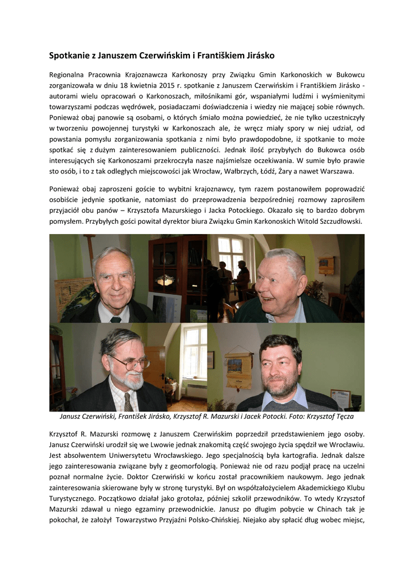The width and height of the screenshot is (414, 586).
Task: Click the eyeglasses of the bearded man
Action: (x=129, y=362)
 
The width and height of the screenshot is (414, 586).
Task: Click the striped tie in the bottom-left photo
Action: (x=129, y=402)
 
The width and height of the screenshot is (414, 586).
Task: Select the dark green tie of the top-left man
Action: (x=116, y=319)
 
